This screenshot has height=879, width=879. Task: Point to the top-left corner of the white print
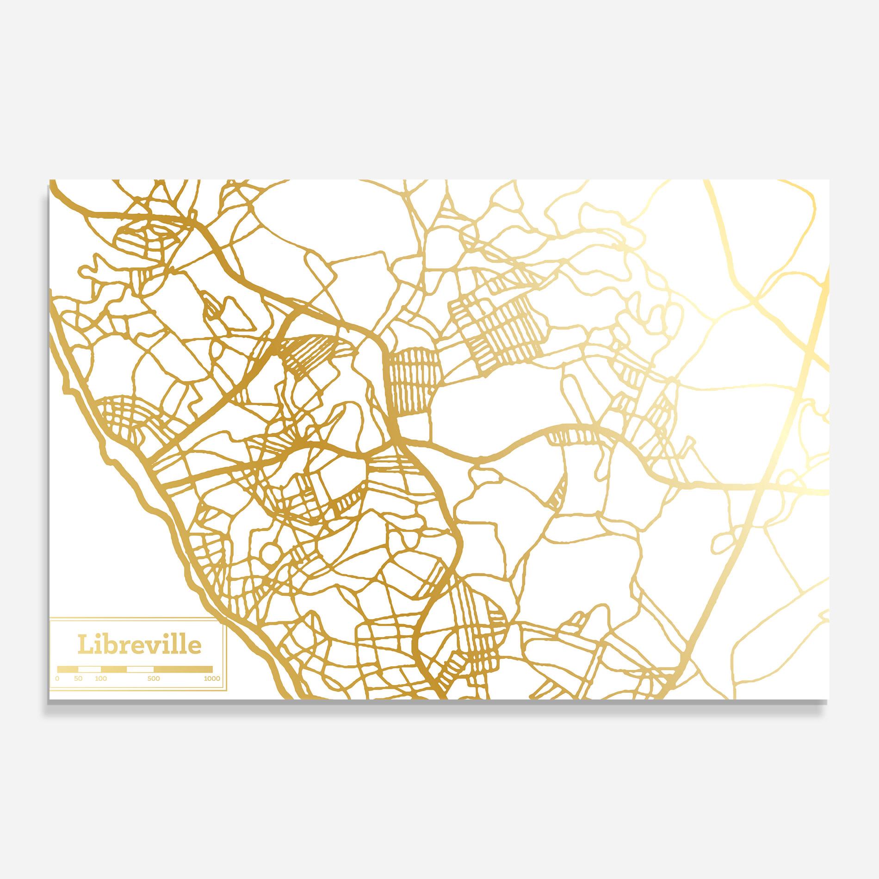point(50,180)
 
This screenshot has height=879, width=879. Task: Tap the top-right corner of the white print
point(829,180)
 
